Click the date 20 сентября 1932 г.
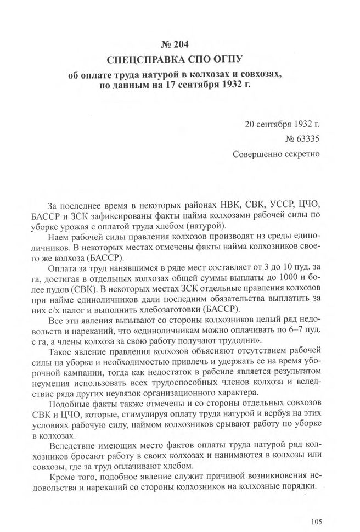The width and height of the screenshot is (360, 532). coord(282,122)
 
